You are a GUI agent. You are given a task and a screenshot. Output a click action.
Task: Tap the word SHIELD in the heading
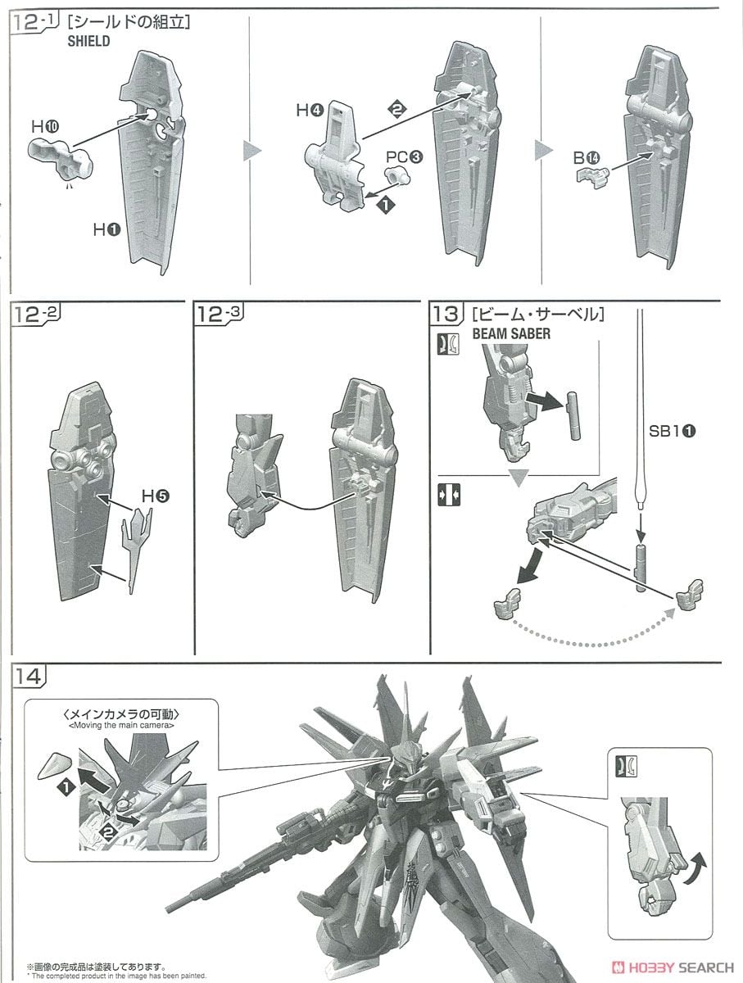point(88,41)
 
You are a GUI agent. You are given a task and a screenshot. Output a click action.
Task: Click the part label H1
point(106,232)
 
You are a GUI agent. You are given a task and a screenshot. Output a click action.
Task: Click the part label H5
point(155,496)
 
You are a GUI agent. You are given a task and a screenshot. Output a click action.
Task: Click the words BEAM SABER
point(510,334)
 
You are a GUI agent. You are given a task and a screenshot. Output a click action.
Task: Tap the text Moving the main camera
point(123,725)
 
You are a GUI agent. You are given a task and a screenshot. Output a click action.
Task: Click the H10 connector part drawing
point(63,156)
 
